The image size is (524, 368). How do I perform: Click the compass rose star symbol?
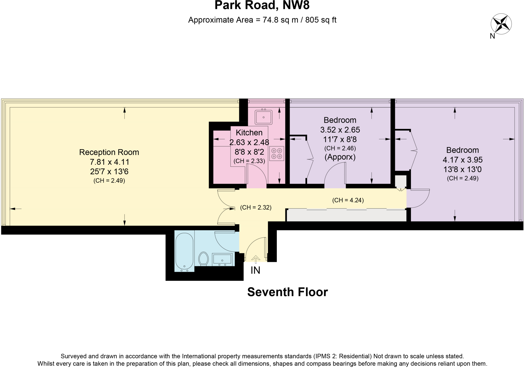[501, 24]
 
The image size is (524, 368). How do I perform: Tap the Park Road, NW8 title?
[262, 5]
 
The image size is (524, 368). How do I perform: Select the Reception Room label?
[109, 152]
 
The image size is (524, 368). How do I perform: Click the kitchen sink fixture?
[264, 117]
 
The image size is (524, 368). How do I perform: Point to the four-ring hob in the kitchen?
[277, 154]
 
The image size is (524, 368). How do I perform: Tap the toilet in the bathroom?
[204, 258]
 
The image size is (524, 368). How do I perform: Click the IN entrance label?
[255, 270]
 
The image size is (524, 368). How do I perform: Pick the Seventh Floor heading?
[287, 292]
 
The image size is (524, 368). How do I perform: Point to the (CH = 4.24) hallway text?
[348, 200]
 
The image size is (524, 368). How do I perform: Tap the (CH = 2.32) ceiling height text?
[256, 208]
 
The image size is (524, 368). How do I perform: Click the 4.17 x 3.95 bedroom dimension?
[462, 160]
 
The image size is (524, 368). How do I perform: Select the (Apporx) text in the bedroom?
[340, 157]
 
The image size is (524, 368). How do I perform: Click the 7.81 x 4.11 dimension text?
[109, 162]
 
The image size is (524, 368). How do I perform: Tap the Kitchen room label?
[249, 132]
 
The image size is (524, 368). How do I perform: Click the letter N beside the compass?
[492, 36]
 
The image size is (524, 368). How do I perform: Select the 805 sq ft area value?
[321, 20]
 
